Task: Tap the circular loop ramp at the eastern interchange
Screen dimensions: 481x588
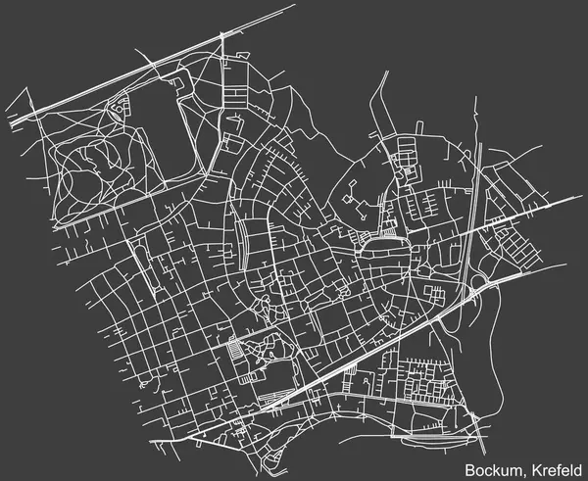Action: pyautogui.click(x=476, y=284)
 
